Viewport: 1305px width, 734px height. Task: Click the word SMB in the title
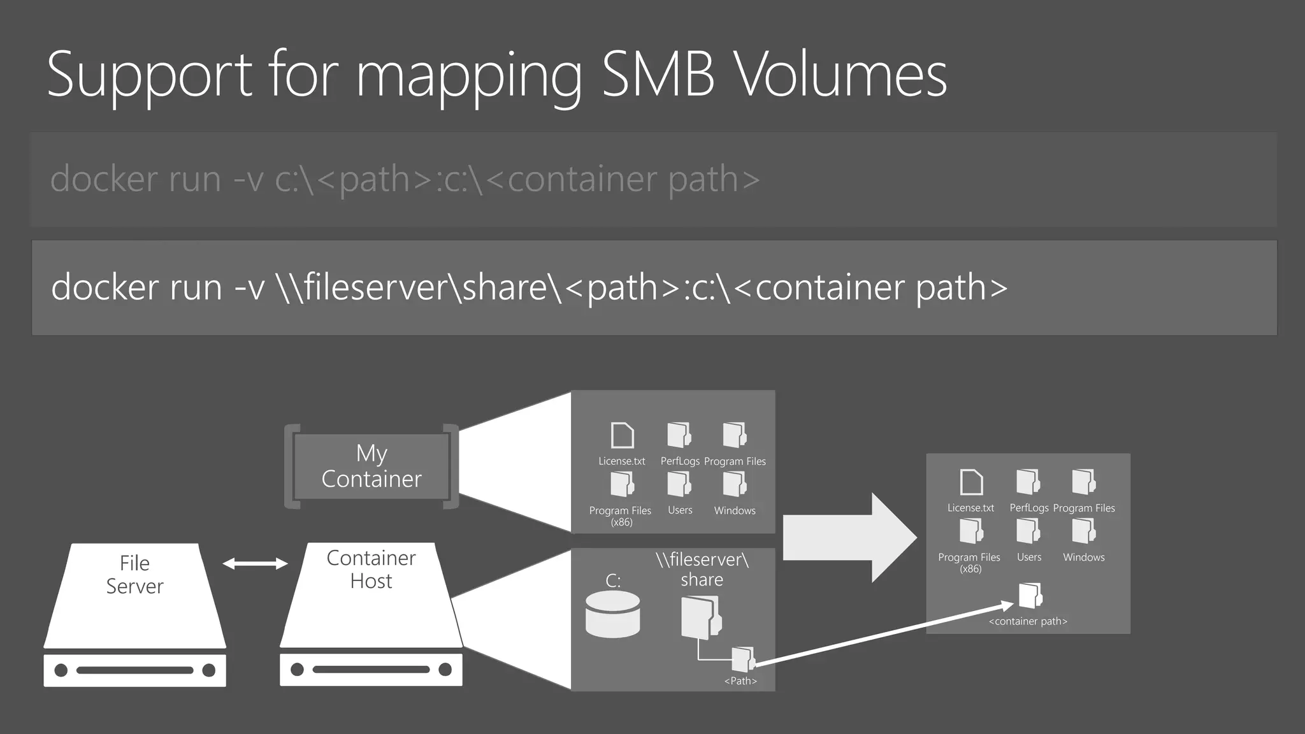(658, 75)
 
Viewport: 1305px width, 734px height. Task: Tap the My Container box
(371, 466)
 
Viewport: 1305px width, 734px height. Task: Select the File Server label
(134, 575)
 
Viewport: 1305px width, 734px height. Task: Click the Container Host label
(371, 569)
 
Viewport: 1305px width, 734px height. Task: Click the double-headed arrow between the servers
(255, 563)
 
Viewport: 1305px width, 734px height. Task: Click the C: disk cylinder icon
(612, 614)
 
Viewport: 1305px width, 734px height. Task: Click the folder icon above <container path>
(1030, 596)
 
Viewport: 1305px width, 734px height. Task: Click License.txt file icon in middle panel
(622, 436)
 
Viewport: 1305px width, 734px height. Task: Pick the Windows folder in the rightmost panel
(1083, 531)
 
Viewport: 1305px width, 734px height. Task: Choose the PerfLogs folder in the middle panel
(679, 435)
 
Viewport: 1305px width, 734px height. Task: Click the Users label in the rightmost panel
(1029, 557)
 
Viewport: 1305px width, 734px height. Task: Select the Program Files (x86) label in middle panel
(620, 515)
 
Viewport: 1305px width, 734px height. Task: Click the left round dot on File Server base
(61, 670)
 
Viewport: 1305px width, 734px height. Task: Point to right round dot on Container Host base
(445, 669)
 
